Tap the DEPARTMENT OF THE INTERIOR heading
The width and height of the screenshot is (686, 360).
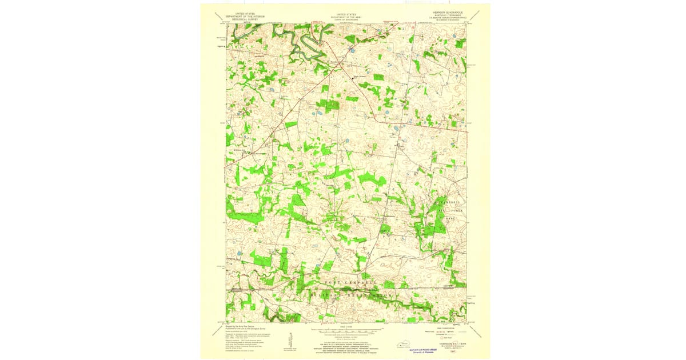click(242, 15)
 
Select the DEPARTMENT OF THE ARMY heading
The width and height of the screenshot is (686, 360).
click(346, 15)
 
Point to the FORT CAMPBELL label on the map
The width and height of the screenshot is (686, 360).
click(351, 283)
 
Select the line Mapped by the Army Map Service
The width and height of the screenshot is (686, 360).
click(241, 326)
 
